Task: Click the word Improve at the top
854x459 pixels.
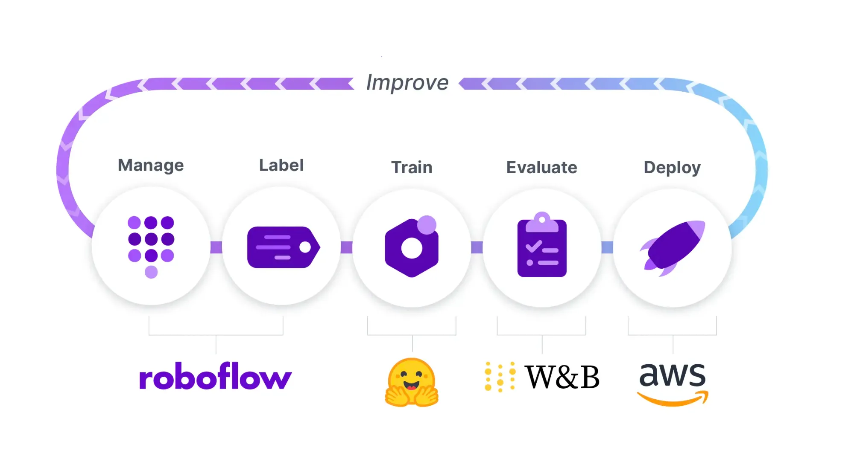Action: [x=407, y=83]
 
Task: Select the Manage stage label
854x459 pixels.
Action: [x=151, y=166]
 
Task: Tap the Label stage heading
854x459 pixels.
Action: [x=281, y=166]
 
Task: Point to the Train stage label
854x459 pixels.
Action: [x=412, y=168]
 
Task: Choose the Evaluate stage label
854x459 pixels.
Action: [x=541, y=168]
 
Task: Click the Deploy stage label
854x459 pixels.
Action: [x=672, y=168]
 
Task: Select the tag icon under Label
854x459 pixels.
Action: [x=282, y=247]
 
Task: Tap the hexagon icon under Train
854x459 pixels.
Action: [x=412, y=247]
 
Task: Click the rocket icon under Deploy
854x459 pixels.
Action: [x=673, y=247]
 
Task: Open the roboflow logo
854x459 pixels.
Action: [x=215, y=377]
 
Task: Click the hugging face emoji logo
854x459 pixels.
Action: [x=412, y=382]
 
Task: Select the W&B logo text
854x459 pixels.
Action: [x=562, y=377]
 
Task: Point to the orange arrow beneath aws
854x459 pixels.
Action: [x=673, y=400]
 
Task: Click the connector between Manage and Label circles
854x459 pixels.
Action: [x=216, y=247]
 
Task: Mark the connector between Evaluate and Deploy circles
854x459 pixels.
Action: [x=607, y=247]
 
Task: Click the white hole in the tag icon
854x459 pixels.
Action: [x=305, y=247]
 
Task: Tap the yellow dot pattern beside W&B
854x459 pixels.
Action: [x=500, y=377]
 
